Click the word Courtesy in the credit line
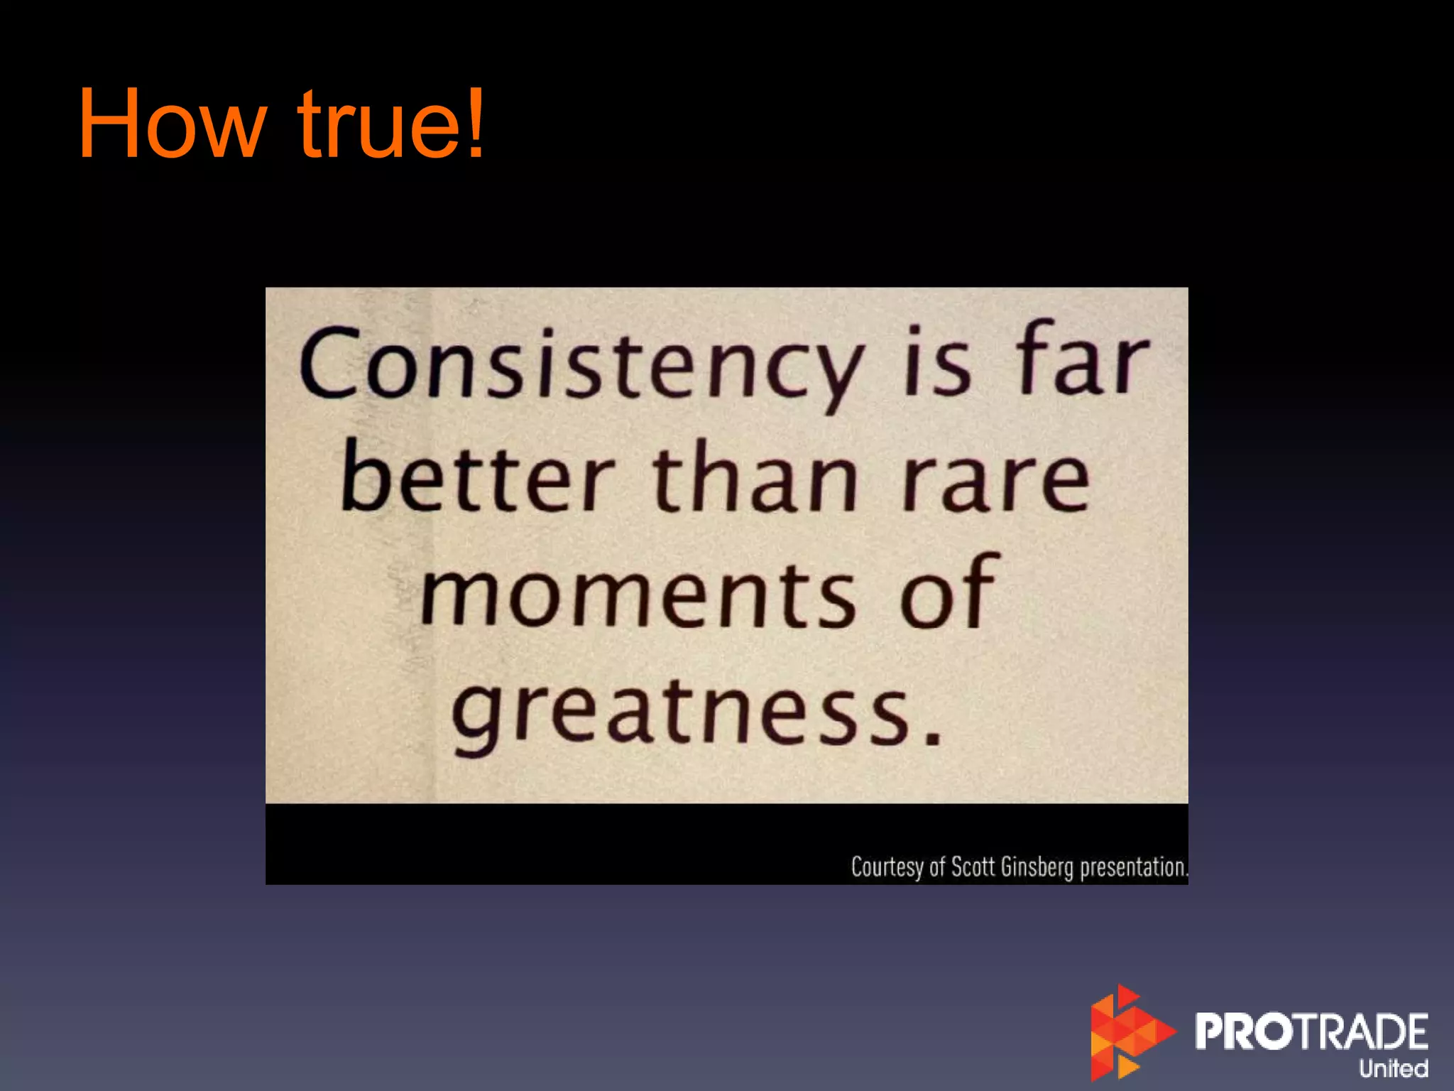click(x=887, y=867)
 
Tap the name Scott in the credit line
click(x=973, y=867)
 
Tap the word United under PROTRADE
click(x=1393, y=1068)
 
